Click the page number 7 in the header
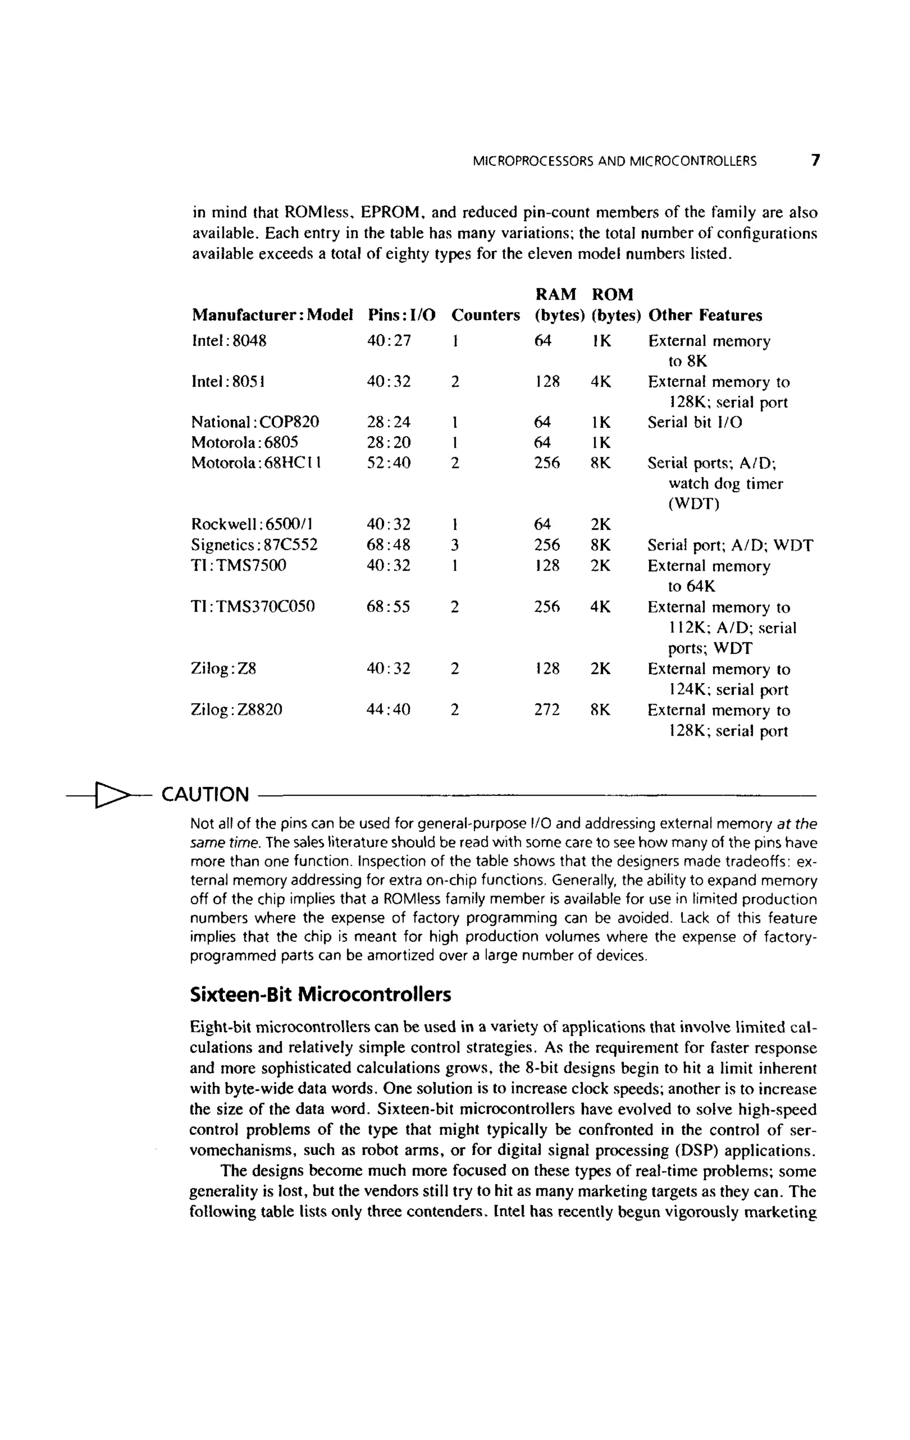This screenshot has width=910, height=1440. click(x=815, y=160)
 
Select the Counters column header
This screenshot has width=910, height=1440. click(x=485, y=315)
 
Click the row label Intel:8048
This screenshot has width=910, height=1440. click(x=228, y=341)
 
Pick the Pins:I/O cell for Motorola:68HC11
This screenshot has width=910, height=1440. click(x=389, y=463)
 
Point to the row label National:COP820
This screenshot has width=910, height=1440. click(x=255, y=422)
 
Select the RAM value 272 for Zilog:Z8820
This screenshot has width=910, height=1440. click(x=547, y=710)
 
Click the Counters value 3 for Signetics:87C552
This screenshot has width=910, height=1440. click(x=455, y=545)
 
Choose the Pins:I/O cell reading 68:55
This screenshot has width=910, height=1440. click(x=389, y=607)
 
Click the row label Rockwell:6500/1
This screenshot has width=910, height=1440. click(x=252, y=524)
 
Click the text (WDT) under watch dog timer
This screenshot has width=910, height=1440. click(x=694, y=504)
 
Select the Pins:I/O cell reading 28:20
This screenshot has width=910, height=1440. click(x=389, y=443)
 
